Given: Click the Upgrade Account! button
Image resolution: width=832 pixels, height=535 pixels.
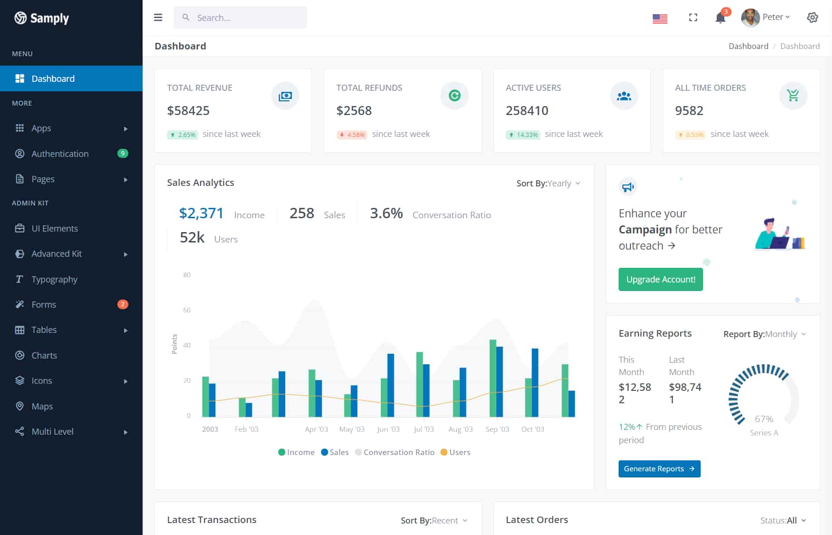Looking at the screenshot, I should pyautogui.click(x=660, y=280).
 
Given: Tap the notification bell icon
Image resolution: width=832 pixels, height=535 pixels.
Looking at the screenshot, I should pyautogui.click(x=720, y=18).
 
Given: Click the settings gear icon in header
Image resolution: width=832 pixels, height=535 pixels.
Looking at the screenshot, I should pyautogui.click(x=812, y=18).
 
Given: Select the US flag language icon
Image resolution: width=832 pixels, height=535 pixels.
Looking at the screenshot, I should pyautogui.click(x=660, y=19).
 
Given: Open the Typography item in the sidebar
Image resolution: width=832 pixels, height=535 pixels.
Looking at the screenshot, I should pyautogui.click(x=54, y=279).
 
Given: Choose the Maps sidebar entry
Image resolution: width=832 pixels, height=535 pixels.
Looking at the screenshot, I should pyautogui.click(x=42, y=406).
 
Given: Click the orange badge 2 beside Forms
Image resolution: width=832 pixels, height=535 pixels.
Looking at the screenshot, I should pyautogui.click(x=123, y=304).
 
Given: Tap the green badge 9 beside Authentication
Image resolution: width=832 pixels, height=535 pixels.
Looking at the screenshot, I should pyautogui.click(x=123, y=153).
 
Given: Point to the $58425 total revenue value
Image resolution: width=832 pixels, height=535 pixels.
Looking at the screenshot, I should pyautogui.click(x=188, y=111).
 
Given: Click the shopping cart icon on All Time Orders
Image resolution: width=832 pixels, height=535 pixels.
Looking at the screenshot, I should pyautogui.click(x=793, y=96).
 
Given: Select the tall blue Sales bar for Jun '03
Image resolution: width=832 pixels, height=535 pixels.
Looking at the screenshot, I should pyautogui.click(x=391, y=385).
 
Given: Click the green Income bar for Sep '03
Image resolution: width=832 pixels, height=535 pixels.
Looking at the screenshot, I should pyautogui.click(x=493, y=378).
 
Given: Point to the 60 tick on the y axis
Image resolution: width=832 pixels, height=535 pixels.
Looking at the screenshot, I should pyautogui.click(x=187, y=310).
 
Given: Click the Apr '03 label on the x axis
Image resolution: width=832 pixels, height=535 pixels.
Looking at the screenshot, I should pyautogui.click(x=316, y=429).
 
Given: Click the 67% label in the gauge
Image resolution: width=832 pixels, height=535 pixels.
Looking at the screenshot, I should pyautogui.click(x=764, y=419).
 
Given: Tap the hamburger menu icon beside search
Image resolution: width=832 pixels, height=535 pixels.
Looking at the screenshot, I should pyautogui.click(x=158, y=18).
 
